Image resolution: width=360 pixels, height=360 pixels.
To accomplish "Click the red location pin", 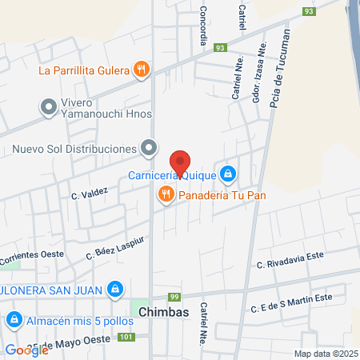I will [181, 163].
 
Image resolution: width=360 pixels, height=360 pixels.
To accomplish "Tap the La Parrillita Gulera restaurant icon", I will [142, 70].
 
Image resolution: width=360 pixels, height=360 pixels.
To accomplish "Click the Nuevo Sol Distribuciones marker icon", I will [149, 148].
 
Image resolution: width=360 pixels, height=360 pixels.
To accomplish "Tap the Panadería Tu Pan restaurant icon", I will [166, 194].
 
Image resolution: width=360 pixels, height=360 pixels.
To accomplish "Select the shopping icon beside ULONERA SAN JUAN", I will [115, 288].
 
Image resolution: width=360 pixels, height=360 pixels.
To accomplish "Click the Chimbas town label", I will [162, 312].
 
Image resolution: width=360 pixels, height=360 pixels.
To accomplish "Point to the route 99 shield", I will [175, 297].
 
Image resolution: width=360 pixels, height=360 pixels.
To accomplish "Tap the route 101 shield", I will [125, 337].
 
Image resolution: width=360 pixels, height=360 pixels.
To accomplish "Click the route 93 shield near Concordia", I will [219, 48].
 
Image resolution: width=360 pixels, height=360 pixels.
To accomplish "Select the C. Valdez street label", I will [89, 193].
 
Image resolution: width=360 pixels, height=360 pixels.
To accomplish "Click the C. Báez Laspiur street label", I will [115, 248].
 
